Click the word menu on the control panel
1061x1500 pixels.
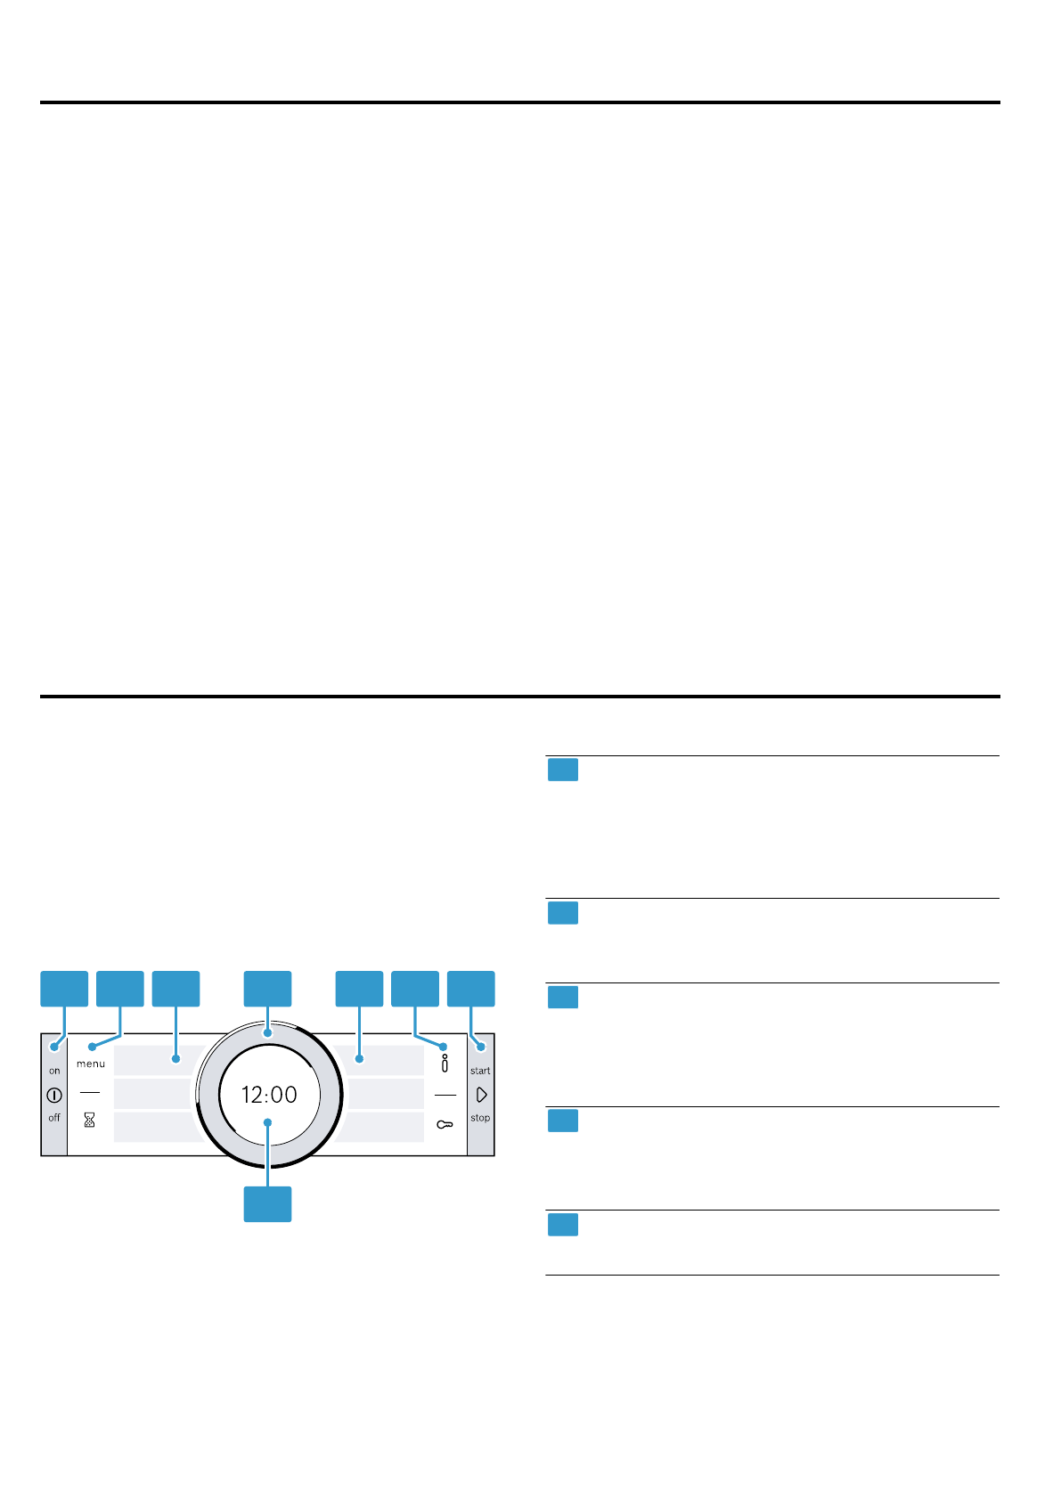pyautogui.click(x=91, y=1064)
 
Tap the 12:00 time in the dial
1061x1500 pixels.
pyautogui.click(x=269, y=1095)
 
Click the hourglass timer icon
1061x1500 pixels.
pyautogui.click(x=89, y=1121)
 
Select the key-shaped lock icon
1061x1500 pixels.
pyautogui.click(x=445, y=1125)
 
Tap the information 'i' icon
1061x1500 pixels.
pyautogui.click(x=445, y=1064)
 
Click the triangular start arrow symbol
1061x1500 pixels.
pyautogui.click(x=482, y=1095)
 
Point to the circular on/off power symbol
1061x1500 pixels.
pyautogui.click(x=54, y=1095)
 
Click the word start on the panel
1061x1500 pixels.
pyautogui.click(x=480, y=1071)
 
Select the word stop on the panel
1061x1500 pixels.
pyautogui.click(x=480, y=1118)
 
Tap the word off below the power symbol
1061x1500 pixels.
pyautogui.click(x=54, y=1118)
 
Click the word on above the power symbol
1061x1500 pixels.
pyautogui.click(x=54, y=1071)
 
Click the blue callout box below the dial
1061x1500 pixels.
pyautogui.click(x=268, y=1203)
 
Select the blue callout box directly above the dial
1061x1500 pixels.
pyautogui.click(x=268, y=989)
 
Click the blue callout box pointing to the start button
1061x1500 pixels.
pyautogui.click(x=471, y=989)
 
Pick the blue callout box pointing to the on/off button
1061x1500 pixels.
pyautogui.click(x=65, y=989)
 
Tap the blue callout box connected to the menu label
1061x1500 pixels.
pyautogui.click(x=120, y=989)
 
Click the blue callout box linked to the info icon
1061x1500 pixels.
pyautogui.click(x=415, y=989)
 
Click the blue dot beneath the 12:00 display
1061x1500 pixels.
pyautogui.click(x=267, y=1123)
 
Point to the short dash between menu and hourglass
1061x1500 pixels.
pyautogui.click(x=89, y=1092)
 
